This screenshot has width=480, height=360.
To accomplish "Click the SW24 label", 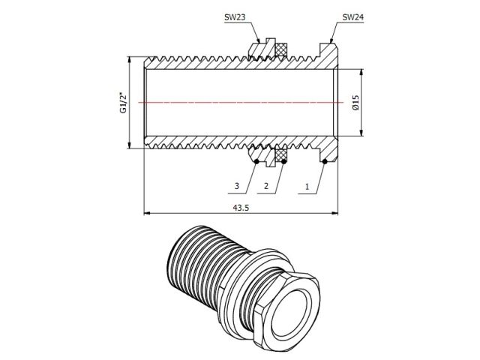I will click(x=352, y=17).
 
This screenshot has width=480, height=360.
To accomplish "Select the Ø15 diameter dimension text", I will click(x=356, y=102).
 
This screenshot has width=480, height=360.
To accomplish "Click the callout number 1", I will click(x=306, y=185).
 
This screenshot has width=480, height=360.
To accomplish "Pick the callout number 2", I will click(x=265, y=185).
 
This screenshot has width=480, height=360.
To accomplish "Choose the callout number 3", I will click(x=236, y=185).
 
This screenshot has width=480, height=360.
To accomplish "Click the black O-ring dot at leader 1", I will click(x=324, y=160).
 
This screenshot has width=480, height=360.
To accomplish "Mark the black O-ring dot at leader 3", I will click(x=256, y=160).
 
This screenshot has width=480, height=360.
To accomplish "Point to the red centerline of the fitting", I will click(x=240, y=101).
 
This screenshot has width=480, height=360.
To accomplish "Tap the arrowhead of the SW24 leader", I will click(x=331, y=42).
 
